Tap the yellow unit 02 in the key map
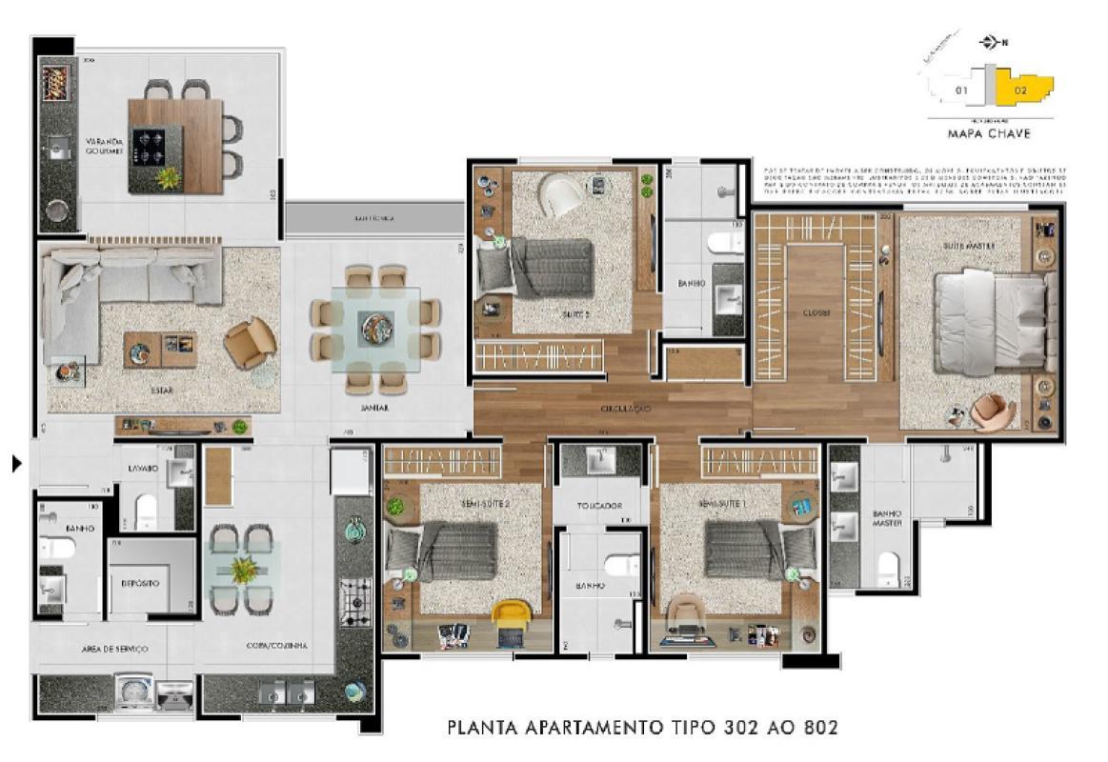coord(1023,90)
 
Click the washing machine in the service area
coord(133,692)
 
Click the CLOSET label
coord(816,311)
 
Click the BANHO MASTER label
coord(887,519)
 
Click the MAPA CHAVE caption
coord(989,134)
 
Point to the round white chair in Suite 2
coord(562,195)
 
